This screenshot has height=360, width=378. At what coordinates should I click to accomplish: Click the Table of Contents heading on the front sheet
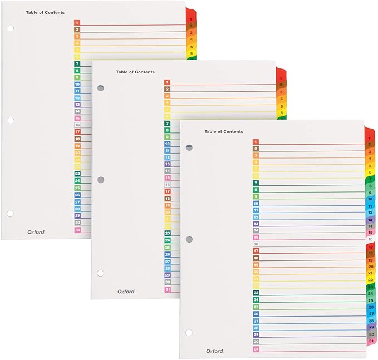tap(223, 132)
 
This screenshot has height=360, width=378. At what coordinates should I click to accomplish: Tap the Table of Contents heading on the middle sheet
tap(135, 72)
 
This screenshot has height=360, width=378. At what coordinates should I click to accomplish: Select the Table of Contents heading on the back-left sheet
tap(45, 12)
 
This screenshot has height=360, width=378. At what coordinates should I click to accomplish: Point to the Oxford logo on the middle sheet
tap(126, 291)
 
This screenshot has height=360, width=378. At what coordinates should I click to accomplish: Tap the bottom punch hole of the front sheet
tap(189, 332)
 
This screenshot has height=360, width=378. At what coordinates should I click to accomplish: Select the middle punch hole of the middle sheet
tap(100, 180)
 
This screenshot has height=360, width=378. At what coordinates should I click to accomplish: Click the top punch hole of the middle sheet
tap(100, 88)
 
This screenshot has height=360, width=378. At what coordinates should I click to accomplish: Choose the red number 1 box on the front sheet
tap(256, 142)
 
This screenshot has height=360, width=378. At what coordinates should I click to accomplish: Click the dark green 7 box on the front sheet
tap(256, 183)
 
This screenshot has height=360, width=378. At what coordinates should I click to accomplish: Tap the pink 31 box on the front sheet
tap(256, 349)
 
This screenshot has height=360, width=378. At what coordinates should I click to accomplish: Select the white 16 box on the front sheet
tap(256, 244)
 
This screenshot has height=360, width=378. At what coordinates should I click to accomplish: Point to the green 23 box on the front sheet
tap(256, 293)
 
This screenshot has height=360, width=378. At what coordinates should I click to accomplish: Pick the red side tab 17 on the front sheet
tap(370, 246)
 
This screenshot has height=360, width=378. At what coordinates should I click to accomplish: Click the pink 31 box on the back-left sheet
tap(77, 230)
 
